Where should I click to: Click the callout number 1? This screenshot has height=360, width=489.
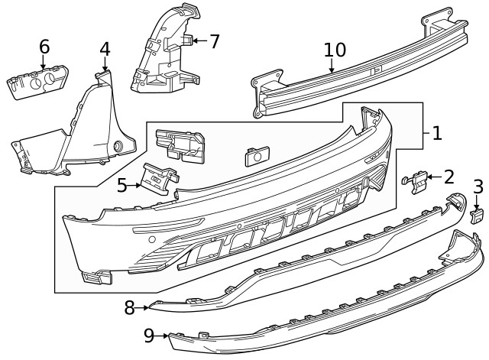point(436,134)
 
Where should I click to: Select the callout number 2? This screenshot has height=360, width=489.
point(449,177)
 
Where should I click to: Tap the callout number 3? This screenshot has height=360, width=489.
point(478,186)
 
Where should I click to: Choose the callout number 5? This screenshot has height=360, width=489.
point(122,184)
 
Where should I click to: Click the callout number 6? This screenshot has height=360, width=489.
point(44,47)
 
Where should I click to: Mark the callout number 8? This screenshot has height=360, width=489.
point(129,307)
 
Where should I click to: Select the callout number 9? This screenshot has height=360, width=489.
point(149,334)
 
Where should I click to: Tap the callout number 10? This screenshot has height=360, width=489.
point(335,50)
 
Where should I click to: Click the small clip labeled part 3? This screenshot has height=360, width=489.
point(477,213)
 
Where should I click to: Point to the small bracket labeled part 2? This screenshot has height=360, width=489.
point(416,180)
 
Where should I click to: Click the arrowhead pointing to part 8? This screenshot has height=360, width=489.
point(145,307)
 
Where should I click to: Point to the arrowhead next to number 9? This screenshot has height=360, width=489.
point(165,334)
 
